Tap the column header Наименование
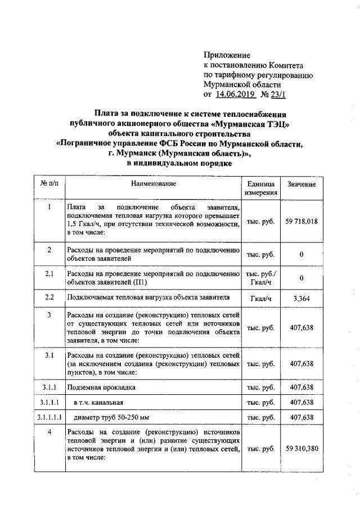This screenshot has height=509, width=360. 154,184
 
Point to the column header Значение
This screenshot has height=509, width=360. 301,184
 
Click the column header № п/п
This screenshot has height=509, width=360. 49,184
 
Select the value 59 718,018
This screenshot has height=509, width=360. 301,222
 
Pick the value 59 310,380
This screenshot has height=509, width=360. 301,449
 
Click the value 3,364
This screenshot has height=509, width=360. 301,298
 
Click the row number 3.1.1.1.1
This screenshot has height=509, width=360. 49,417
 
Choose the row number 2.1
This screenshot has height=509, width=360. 49,273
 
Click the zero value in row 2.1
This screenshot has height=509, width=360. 301,278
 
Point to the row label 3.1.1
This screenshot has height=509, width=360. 49,388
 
